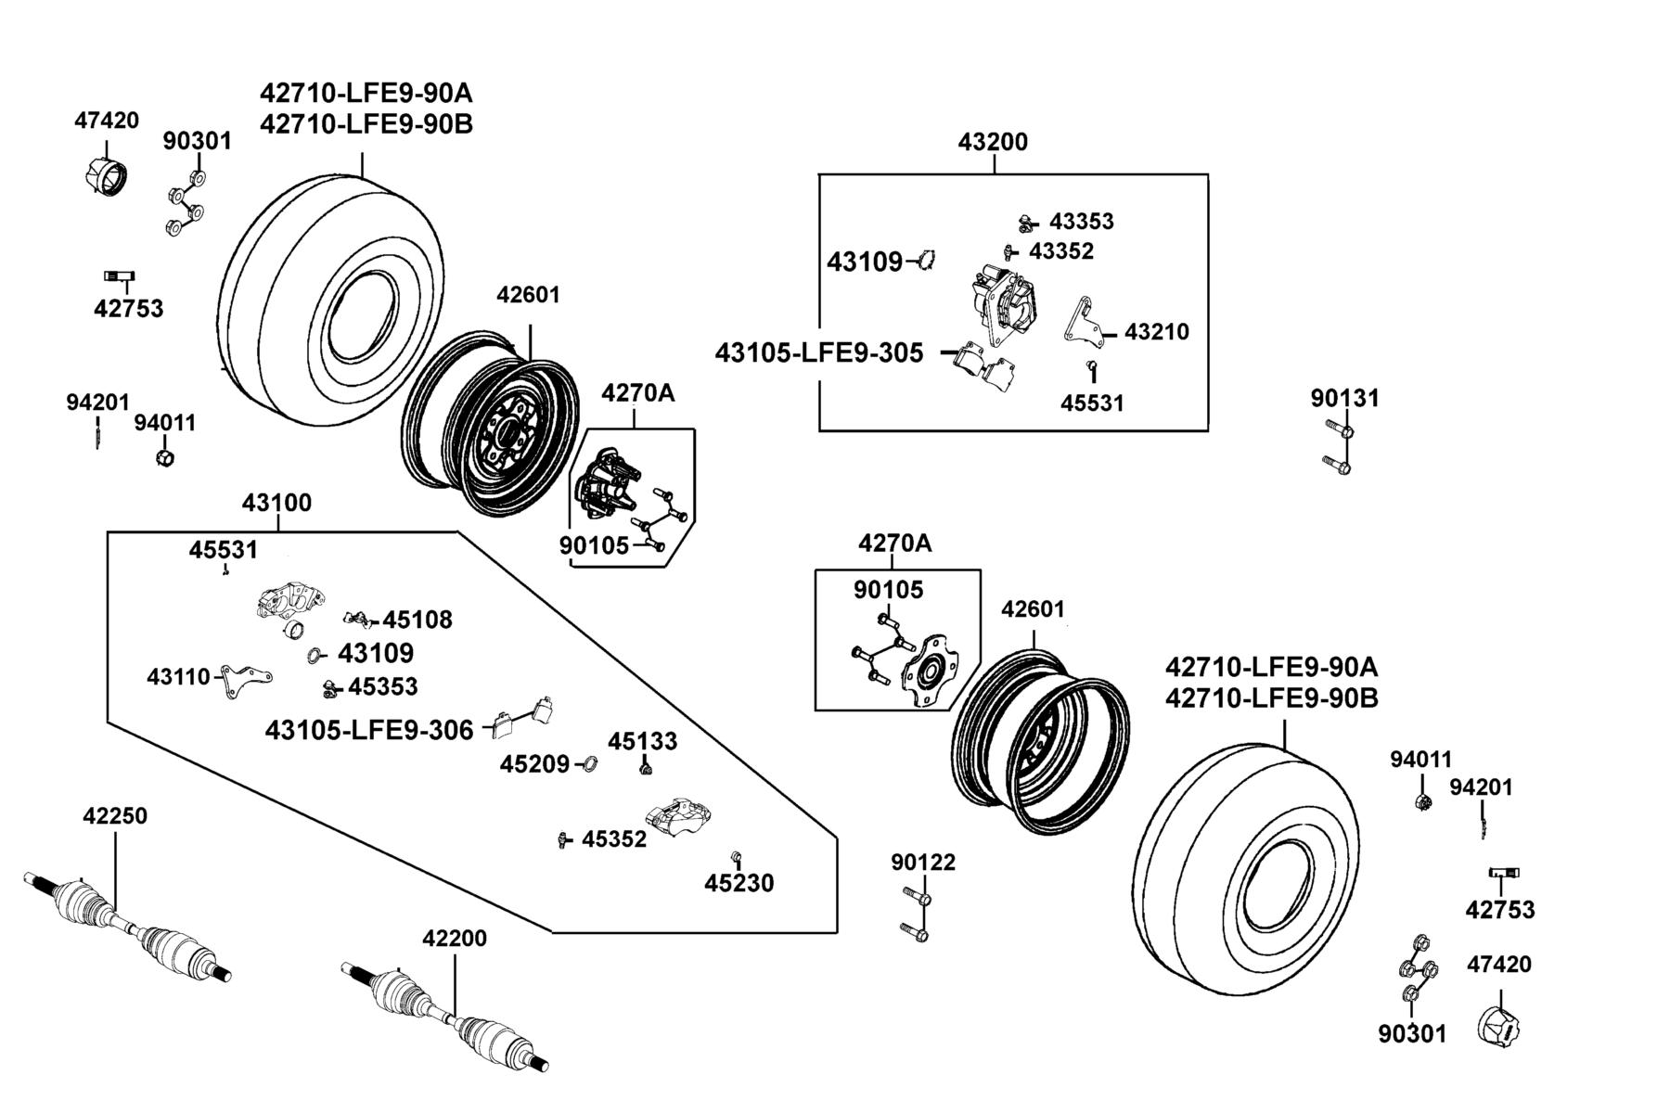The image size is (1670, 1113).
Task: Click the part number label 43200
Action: [993, 142]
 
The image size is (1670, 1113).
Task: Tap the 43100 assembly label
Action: [276, 503]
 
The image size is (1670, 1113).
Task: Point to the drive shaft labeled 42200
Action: [446, 1017]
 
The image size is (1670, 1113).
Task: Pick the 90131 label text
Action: [1344, 398]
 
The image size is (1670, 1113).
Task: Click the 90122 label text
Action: [923, 863]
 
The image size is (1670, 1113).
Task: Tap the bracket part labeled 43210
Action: [1082, 325]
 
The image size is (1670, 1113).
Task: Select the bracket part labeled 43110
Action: [245, 681]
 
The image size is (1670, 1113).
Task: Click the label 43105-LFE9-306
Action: [369, 730]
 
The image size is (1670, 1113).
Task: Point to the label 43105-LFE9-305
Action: [819, 353]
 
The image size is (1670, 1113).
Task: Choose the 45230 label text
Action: [739, 883]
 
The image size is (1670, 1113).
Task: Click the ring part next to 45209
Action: [588, 764]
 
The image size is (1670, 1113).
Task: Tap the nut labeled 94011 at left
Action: [165, 457]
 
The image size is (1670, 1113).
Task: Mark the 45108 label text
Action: [417, 620]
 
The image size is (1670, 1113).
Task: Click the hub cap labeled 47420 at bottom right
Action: [1500, 1026]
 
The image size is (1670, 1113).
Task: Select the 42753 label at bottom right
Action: [1500, 910]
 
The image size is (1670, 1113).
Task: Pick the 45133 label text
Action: [643, 741]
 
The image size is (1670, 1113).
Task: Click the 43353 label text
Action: [1082, 221]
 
